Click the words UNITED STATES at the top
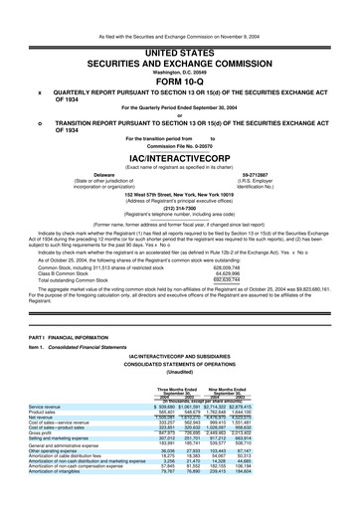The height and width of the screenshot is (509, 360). [x=179, y=23]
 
